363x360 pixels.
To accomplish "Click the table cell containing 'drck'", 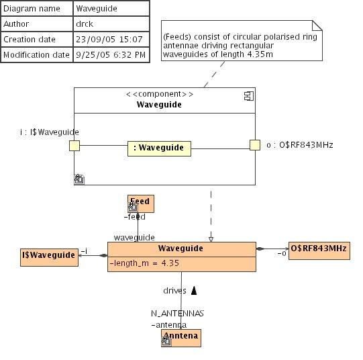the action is [x=111, y=24].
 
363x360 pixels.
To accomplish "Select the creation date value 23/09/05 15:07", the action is [x=109, y=40].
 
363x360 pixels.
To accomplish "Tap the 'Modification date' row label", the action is [x=37, y=55].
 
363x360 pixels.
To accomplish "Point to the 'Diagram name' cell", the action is [x=37, y=9].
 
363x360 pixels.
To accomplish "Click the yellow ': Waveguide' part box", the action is [x=159, y=148].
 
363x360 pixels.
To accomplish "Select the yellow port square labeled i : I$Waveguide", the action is [x=74, y=146].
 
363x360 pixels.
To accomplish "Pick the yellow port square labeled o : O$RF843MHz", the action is [x=255, y=145].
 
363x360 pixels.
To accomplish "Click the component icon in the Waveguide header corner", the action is [x=249, y=96].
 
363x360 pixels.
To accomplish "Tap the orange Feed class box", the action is [x=141, y=204].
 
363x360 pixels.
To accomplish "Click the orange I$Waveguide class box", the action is [x=49, y=257].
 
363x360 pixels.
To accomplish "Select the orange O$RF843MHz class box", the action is [x=319, y=251].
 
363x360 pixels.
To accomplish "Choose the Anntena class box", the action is [x=181, y=338].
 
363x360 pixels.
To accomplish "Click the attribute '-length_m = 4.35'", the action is [x=144, y=263].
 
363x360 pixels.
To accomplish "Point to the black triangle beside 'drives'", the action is [x=194, y=291].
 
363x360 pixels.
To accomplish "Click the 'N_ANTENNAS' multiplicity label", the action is [x=177, y=314].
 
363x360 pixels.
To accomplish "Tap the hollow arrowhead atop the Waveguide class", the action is [x=211, y=240].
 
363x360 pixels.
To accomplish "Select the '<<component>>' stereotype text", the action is [x=160, y=94].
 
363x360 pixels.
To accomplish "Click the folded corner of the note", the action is [x=317, y=26].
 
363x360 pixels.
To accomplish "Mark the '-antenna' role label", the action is [x=169, y=325].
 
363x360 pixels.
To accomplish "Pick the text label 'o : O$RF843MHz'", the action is [x=300, y=145].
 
